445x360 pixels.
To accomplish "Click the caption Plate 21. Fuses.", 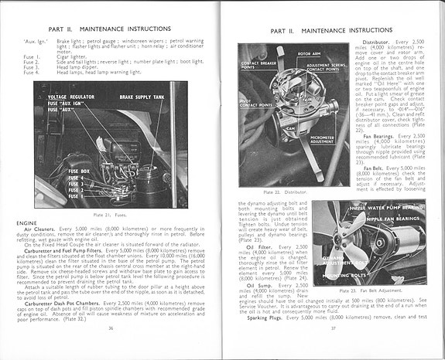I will tap(111, 213).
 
